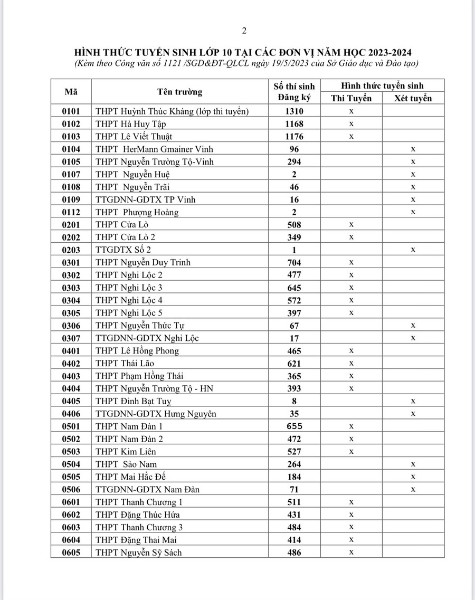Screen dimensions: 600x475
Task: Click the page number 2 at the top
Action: pyautogui.click(x=244, y=30)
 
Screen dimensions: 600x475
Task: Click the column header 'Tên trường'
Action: pyautogui.click(x=179, y=92)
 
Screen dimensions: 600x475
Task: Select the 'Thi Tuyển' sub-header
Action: pyautogui.click(x=351, y=98)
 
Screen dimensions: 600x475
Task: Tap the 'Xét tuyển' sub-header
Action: pyautogui.click(x=413, y=98)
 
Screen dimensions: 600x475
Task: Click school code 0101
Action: pyautogui.click(x=71, y=111)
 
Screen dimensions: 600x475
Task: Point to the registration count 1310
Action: pyautogui.click(x=294, y=111)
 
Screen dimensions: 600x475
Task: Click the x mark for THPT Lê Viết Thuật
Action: pyautogui.click(x=351, y=136)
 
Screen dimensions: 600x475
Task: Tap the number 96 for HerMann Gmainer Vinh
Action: pyautogui.click(x=294, y=149)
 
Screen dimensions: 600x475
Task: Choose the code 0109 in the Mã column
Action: pyautogui.click(x=71, y=199)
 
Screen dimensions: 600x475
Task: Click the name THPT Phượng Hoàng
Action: pyautogui.click(x=137, y=212)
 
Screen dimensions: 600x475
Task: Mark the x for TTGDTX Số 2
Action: pyautogui.click(x=413, y=250)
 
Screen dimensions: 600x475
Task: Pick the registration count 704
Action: pyautogui.click(x=294, y=262)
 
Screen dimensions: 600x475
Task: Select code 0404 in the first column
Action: pyautogui.click(x=71, y=388)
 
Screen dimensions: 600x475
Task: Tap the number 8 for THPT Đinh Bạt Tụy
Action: pyautogui.click(x=294, y=401)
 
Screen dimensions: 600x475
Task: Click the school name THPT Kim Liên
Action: pyautogui.click(x=126, y=451)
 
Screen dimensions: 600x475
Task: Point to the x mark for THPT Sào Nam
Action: pyautogui.click(x=413, y=464)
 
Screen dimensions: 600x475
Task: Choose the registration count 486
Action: pyautogui.click(x=294, y=552)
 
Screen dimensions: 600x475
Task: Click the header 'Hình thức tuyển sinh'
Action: pyautogui.click(x=382, y=85)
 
